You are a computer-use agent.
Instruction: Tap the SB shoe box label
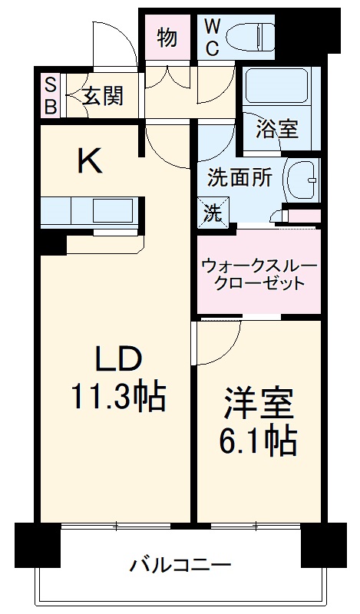coord(50,95)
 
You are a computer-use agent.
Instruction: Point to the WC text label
coord(213,36)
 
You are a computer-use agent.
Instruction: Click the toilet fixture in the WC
coord(254,35)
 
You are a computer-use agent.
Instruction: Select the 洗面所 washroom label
coord(239,177)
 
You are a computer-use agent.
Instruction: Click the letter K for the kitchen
coord(91,160)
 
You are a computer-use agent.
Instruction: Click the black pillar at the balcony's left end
coord(36,543)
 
